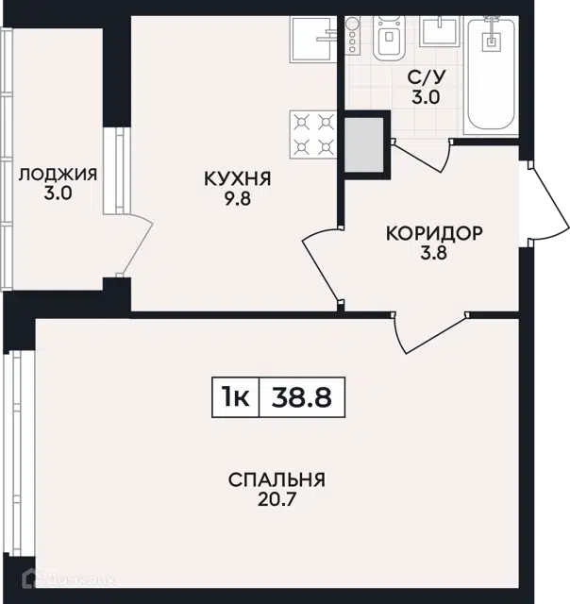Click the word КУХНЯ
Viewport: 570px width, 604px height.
[x=238, y=179]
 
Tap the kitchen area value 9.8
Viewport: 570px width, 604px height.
[x=238, y=199]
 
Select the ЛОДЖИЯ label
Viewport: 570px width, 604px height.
[x=58, y=175]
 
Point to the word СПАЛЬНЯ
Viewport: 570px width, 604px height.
[x=277, y=480]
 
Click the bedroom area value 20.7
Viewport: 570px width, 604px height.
[x=277, y=499]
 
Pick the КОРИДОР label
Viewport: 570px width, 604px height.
[x=434, y=233]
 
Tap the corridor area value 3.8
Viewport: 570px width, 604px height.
[x=434, y=253]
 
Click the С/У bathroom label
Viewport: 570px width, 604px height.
[x=427, y=77]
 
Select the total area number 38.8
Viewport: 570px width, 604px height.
[x=302, y=397]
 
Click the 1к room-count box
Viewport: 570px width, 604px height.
[x=236, y=397]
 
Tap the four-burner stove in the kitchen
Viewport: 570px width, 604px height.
[x=313, y=135]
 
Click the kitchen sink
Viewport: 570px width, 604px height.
[x=313, y=39]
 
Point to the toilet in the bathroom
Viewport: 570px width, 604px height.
[x=389, y=38]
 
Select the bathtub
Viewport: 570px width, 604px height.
[x=491, y=75]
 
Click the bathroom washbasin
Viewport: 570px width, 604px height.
[x=440, y=31]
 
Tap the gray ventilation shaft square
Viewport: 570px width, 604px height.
[x=364, y=145]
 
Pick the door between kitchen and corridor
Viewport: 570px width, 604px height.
[x=322, y=265]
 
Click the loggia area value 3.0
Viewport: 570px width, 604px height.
[x=58, y=193]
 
